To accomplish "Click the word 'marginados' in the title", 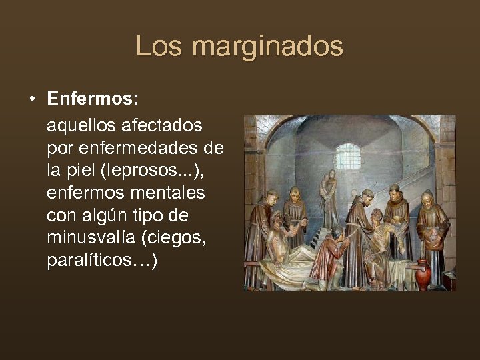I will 267,46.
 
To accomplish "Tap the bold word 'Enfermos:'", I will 93,100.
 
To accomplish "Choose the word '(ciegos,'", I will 178,238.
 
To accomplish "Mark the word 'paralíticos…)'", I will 103,261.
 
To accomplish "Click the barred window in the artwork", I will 347,156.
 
